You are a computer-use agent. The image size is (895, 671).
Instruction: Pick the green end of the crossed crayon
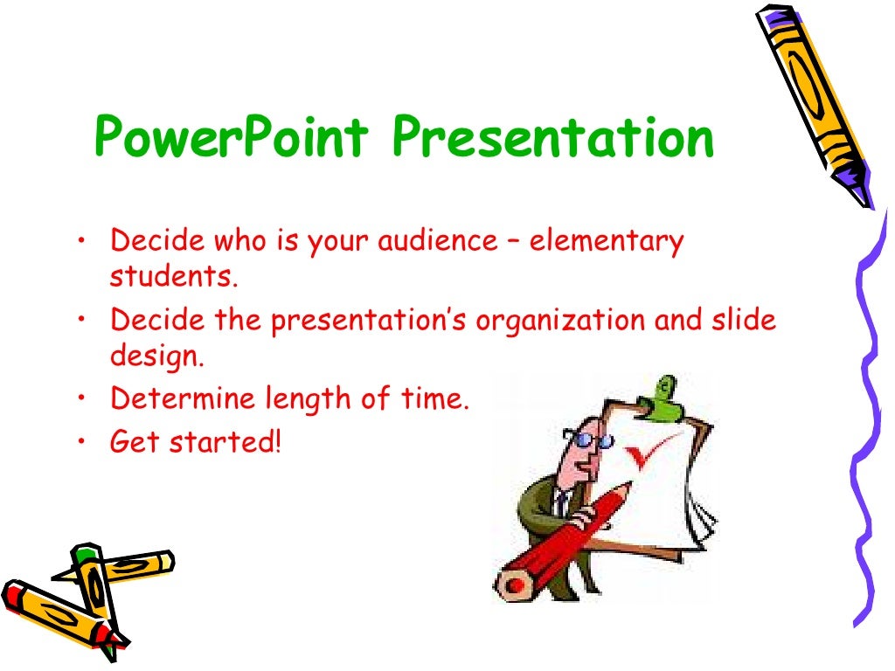click(84, 554)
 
